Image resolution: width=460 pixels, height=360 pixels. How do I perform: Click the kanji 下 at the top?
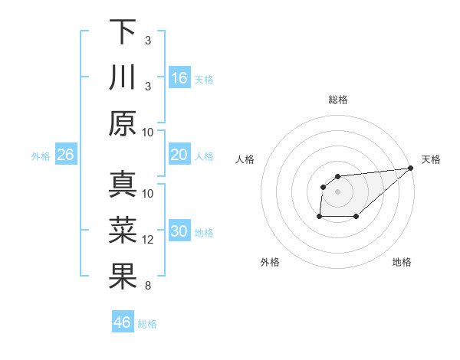point(123,32)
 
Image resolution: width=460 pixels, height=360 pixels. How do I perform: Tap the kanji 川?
point(123,78)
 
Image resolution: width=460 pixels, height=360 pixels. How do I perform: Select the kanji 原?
point(123,123)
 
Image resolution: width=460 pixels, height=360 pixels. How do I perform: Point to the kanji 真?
point(123,185)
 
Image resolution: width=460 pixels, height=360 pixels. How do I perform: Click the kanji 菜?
point(123,231)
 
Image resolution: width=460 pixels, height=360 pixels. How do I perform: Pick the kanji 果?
point(123,277)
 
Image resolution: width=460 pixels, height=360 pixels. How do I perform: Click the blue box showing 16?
point(179,78)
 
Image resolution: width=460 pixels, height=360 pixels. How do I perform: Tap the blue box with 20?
point(179,155)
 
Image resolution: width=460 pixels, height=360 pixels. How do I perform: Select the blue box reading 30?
point(179,231)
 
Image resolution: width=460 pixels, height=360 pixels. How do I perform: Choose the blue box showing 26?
point(66,155)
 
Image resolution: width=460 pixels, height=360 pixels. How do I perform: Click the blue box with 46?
point(123,322)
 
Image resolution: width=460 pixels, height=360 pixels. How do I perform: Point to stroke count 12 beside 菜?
point(148,241)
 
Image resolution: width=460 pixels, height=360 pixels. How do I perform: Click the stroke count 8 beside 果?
point(148,286)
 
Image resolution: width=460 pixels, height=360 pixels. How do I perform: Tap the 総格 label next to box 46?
point(148,324)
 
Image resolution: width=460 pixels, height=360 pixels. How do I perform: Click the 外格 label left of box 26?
point(41,156)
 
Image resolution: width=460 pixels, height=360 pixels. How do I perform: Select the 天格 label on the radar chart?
point(431,159)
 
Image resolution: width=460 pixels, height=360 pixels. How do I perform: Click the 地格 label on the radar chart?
point(402,262)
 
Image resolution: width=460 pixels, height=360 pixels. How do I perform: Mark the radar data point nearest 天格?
point(411,168)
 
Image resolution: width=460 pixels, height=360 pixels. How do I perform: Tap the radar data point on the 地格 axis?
point(356,217)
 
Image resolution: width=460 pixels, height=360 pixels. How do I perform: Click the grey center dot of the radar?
point(337,191)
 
